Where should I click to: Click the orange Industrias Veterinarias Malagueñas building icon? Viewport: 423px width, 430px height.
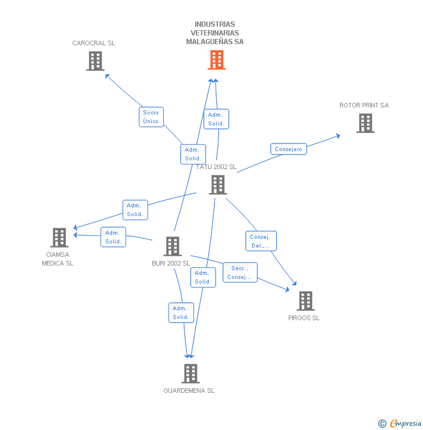click(216, 60)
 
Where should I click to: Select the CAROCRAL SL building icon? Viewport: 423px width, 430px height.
click(95, 61)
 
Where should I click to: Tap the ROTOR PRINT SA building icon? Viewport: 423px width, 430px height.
click(365, 123)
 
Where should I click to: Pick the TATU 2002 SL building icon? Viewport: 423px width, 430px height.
click(218, 185)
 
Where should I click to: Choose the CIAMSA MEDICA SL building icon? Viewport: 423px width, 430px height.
click(59, 238)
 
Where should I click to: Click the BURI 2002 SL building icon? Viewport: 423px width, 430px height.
click(173, 246)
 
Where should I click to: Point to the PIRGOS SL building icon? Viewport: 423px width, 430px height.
click(306, 301)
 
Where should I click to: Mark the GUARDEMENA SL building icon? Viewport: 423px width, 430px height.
click(190, 374)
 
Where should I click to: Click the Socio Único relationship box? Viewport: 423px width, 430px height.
click(151, 117)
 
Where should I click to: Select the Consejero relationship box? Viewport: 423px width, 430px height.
click(288, 149)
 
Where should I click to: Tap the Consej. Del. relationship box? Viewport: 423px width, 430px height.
click(261, 241)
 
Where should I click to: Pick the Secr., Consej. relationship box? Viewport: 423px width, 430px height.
click(240, 273)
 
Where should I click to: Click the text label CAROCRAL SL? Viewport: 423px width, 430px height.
click(94, 43)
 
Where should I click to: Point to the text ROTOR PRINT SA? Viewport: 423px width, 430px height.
click(364, 105)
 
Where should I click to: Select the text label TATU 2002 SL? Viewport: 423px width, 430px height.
click(217, 167)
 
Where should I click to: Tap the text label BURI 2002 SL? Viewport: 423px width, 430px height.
click(171, 263)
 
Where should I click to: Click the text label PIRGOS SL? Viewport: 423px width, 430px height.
click(304, 318)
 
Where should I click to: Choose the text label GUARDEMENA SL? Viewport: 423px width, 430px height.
click(189, 390)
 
